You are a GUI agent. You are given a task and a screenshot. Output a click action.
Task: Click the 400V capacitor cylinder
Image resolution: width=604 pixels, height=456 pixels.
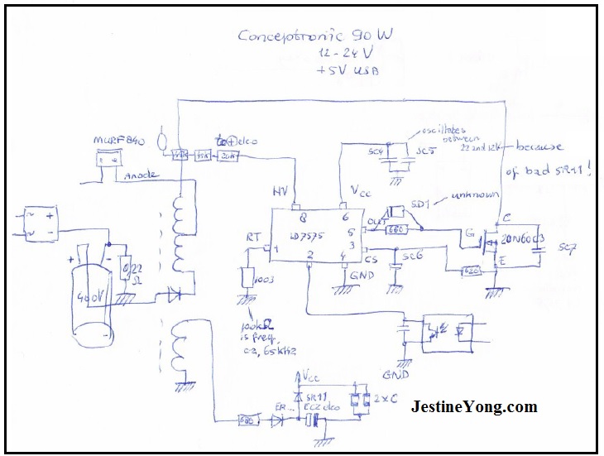point(90,304)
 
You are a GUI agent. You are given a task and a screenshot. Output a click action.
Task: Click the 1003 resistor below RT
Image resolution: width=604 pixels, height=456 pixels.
point(248,280)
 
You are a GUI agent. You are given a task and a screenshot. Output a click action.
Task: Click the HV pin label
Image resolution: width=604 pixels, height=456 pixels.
point(282,190)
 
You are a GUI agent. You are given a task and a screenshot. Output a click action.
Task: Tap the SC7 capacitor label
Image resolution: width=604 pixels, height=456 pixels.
point(566,247)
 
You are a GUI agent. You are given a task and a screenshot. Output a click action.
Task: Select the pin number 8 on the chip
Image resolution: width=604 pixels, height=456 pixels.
point(302,218)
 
